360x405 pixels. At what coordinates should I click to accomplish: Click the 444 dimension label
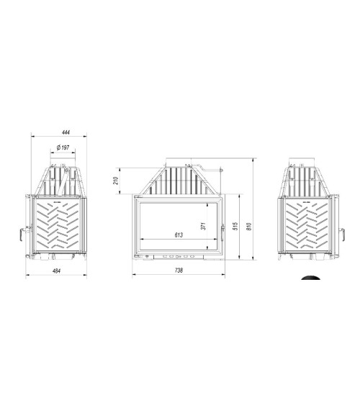(66, 132)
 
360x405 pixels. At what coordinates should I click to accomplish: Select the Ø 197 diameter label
(63, 147)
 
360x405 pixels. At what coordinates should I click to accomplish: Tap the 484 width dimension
(56, 271)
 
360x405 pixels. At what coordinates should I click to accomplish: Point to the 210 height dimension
(116, 181)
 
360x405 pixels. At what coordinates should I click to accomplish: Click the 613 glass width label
(179, 235)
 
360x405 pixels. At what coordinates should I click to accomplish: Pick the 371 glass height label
(203, 226)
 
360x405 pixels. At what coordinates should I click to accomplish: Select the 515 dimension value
(235, 227)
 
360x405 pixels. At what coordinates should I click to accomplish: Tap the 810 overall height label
(249, 227)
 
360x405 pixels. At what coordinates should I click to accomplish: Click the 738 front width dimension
(179, 270)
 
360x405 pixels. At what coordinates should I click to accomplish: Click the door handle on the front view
(222, 232)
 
